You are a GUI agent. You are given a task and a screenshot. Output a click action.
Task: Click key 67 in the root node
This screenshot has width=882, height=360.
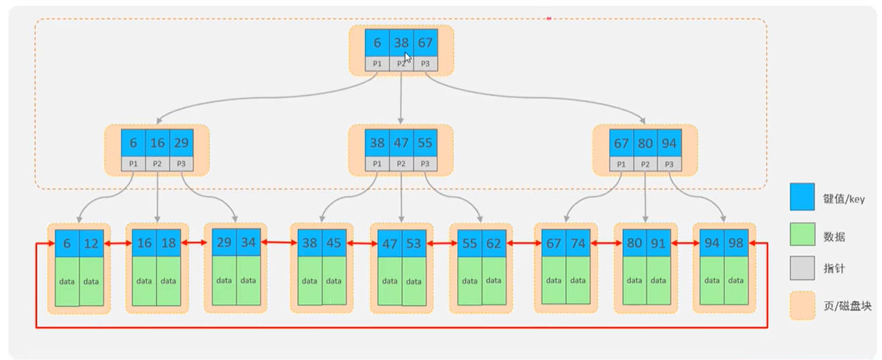(425, 43)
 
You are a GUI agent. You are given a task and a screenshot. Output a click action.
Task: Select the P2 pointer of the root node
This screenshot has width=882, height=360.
(401, 64)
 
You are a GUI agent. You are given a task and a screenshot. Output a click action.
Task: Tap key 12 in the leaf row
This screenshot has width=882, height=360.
(91, 244)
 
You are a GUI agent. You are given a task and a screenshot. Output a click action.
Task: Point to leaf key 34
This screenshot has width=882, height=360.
(248, 242)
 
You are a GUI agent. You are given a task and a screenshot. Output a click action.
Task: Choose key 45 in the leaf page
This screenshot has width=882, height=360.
(334, 244)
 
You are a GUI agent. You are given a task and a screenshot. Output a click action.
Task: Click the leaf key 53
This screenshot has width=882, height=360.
(414, 244)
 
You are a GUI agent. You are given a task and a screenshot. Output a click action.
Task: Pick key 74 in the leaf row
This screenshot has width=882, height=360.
(578, 244)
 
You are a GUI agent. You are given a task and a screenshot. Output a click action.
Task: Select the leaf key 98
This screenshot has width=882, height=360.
(736, 244)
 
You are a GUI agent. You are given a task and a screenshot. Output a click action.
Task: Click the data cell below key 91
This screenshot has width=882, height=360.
(658, 281)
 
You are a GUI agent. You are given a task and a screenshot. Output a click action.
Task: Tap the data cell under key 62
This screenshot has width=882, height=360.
(494, 281)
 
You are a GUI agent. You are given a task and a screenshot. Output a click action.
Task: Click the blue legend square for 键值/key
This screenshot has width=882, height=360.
(802, 197)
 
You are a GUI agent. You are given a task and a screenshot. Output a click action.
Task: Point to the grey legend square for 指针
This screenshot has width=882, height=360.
(802, 269)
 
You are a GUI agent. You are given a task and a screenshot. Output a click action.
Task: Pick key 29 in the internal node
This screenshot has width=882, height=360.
(181, 143)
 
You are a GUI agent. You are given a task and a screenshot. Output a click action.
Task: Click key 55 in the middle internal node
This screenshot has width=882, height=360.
(425, 143)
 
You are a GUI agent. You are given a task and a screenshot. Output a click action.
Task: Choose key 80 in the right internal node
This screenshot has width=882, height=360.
(646, 143)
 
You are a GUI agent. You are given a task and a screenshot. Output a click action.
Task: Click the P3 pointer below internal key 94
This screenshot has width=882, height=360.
(669, 164)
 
